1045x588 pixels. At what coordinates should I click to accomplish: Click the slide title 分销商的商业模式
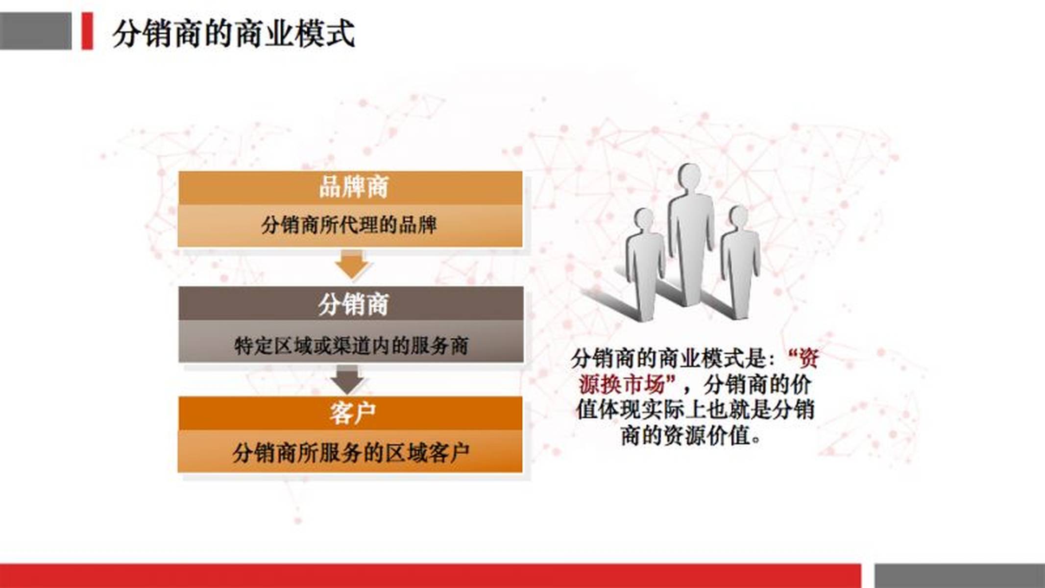tap(233, 33)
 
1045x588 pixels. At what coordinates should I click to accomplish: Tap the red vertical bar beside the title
tap(87, 31)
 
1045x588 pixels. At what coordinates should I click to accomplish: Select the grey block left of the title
tap(36, 31)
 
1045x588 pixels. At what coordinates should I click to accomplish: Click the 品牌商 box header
tap(350, 188)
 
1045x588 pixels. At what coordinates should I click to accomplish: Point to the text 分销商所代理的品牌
tap(348, 225)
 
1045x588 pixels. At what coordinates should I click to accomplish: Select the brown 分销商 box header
tap(351, 304)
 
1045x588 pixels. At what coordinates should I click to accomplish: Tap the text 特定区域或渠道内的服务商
tap(351, 345)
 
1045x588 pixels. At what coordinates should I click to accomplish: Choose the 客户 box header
tap(350, 413)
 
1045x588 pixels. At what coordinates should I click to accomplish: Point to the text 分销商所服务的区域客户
tap(351, 452)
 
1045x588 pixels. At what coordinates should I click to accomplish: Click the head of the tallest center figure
tap(690, 176)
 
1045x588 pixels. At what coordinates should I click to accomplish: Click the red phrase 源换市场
tap(621, 385)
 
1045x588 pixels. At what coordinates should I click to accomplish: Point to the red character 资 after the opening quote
tap(808, 359)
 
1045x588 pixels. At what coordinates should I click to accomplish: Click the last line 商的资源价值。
tap(691, 436)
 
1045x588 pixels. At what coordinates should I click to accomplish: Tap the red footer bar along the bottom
tap(430, 576)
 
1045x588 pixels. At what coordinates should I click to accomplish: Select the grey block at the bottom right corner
tap(960, 576)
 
